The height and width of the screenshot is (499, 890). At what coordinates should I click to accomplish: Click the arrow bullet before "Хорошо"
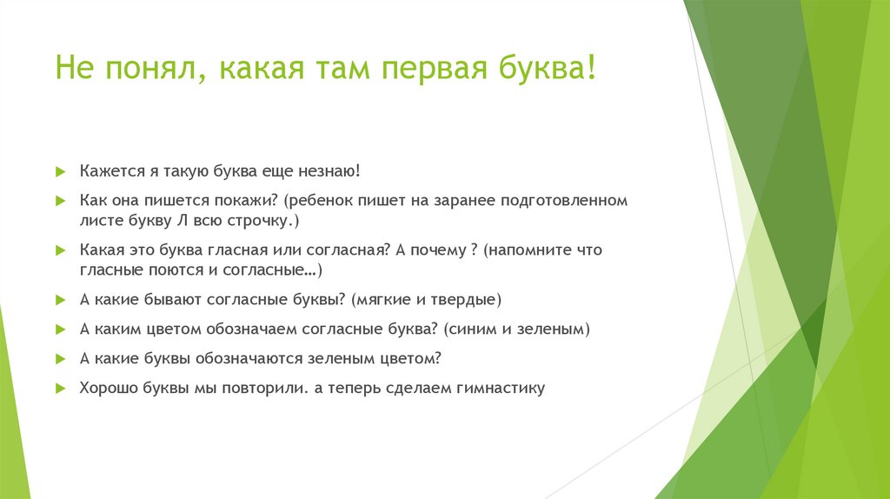[x=60, y=388]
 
